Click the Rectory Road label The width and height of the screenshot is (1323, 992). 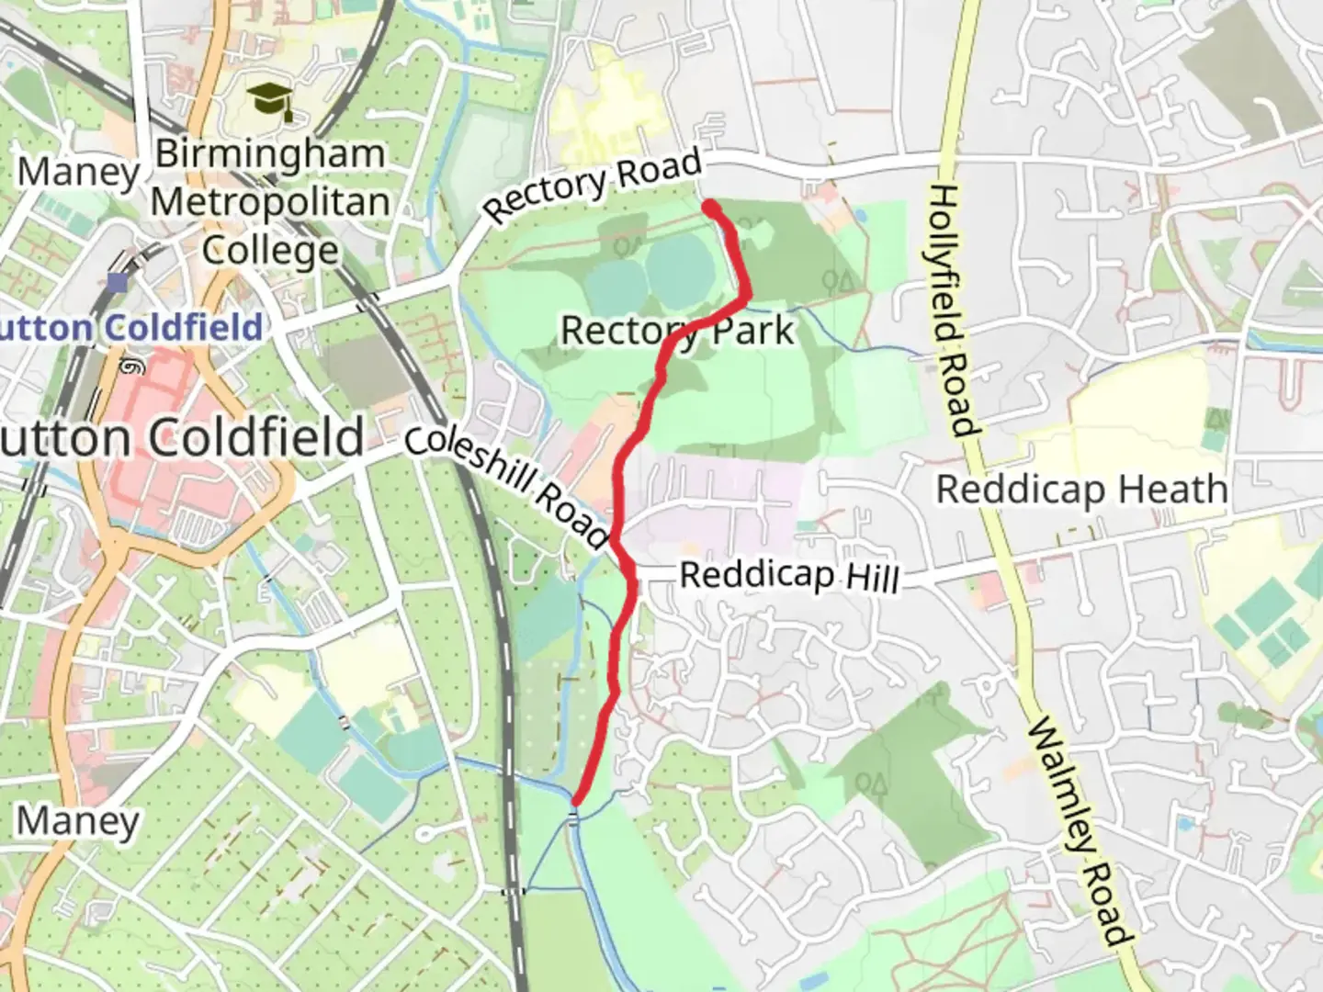coord(593,186)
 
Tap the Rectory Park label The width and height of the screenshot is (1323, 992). coord(677,331)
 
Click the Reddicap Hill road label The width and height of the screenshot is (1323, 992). coord(789,577)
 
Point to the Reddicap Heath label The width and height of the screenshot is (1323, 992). coord(1081,490)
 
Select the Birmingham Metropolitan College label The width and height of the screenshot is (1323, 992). coord(270,202)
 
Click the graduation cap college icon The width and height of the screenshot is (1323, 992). coord(271,100)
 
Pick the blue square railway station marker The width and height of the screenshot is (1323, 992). coord(117,282)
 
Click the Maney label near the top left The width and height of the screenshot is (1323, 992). coord(78,172)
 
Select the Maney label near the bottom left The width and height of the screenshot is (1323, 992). coord(78,820)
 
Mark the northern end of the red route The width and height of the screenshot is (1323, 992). coord(711,208)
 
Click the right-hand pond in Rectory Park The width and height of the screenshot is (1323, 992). coord(680,272)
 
